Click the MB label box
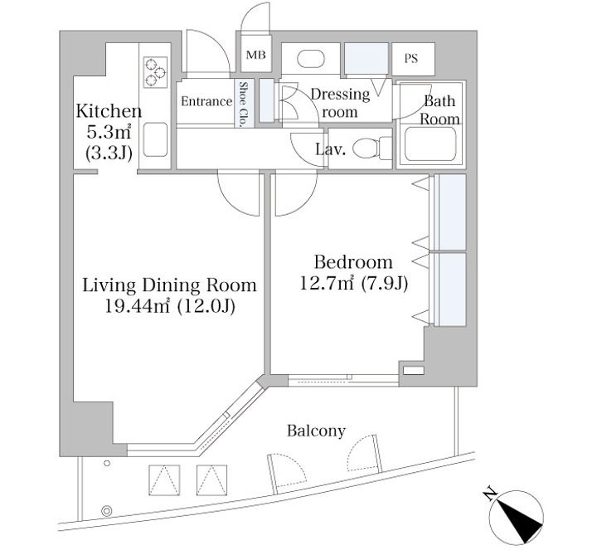tap(256, 56)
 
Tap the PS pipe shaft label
tap(410, 59)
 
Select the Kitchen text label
tap(109, 111)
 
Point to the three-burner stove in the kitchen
tap(155, 72)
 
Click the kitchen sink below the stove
tap(155, 139)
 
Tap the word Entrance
tap(206, 101)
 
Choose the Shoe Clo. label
tap(243, 104)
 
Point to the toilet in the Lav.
tap(372, 148)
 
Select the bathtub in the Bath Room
tap(430, 144)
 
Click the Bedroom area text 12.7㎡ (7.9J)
tap(354, 283)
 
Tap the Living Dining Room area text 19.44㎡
tap(137, 307)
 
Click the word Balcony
tap(316, 431)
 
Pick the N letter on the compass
tap(490, 494)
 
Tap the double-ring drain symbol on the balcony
tap(107, 511)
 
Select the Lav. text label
tap(331, 149)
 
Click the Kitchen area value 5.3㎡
tap(109, 132)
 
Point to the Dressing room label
tap(340, 103)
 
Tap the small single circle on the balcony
tap(107, 463)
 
